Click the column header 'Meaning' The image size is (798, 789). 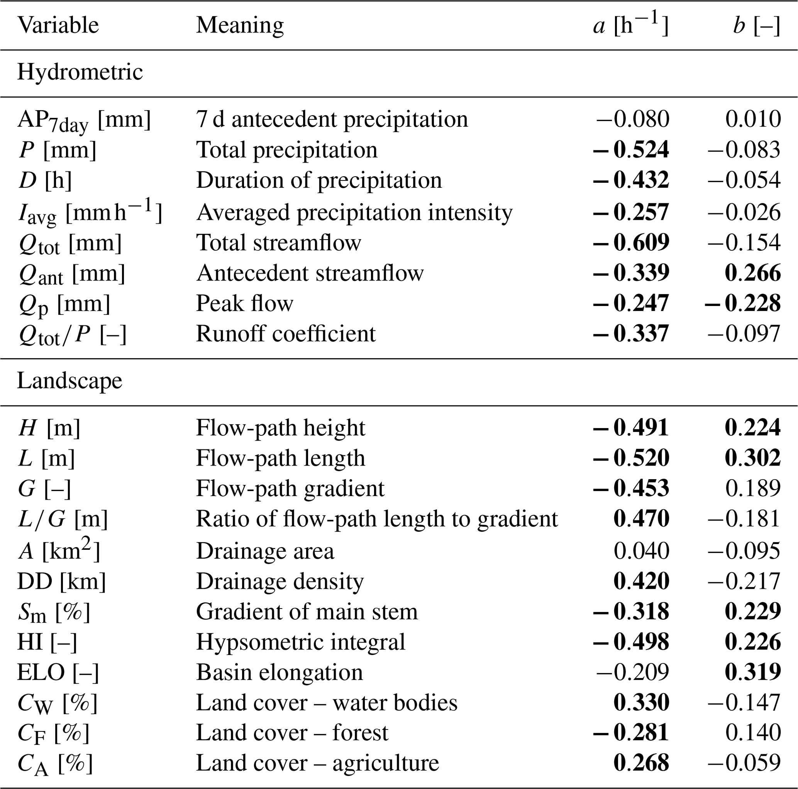click(x=240, y=25)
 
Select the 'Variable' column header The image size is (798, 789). click(x=58, y=25)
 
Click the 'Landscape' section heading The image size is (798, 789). click(x=69, y=381)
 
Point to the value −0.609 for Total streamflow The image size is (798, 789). click(x=631, y=243)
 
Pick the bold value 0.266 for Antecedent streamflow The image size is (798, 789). click(x=752, y=273)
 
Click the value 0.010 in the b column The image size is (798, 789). click(x=752, y=119)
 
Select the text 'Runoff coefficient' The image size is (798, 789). click(x=285, y=334)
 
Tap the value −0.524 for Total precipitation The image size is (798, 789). click(x=631, y=150)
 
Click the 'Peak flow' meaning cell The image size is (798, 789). click(x=244, y=303)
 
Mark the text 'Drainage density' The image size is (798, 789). click(x=280, y=582)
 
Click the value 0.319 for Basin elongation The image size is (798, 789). click(x=752, y=672)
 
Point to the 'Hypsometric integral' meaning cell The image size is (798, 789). click(x=300, y=642)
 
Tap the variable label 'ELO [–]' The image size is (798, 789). click(x=58, y=672)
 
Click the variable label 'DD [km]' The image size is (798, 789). click(x=61, y=582)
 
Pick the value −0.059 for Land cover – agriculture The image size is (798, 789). click(x=744, y=763)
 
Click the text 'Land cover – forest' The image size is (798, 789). click(x=292, y=733)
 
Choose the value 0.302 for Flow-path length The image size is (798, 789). click(x=752, y=458)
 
